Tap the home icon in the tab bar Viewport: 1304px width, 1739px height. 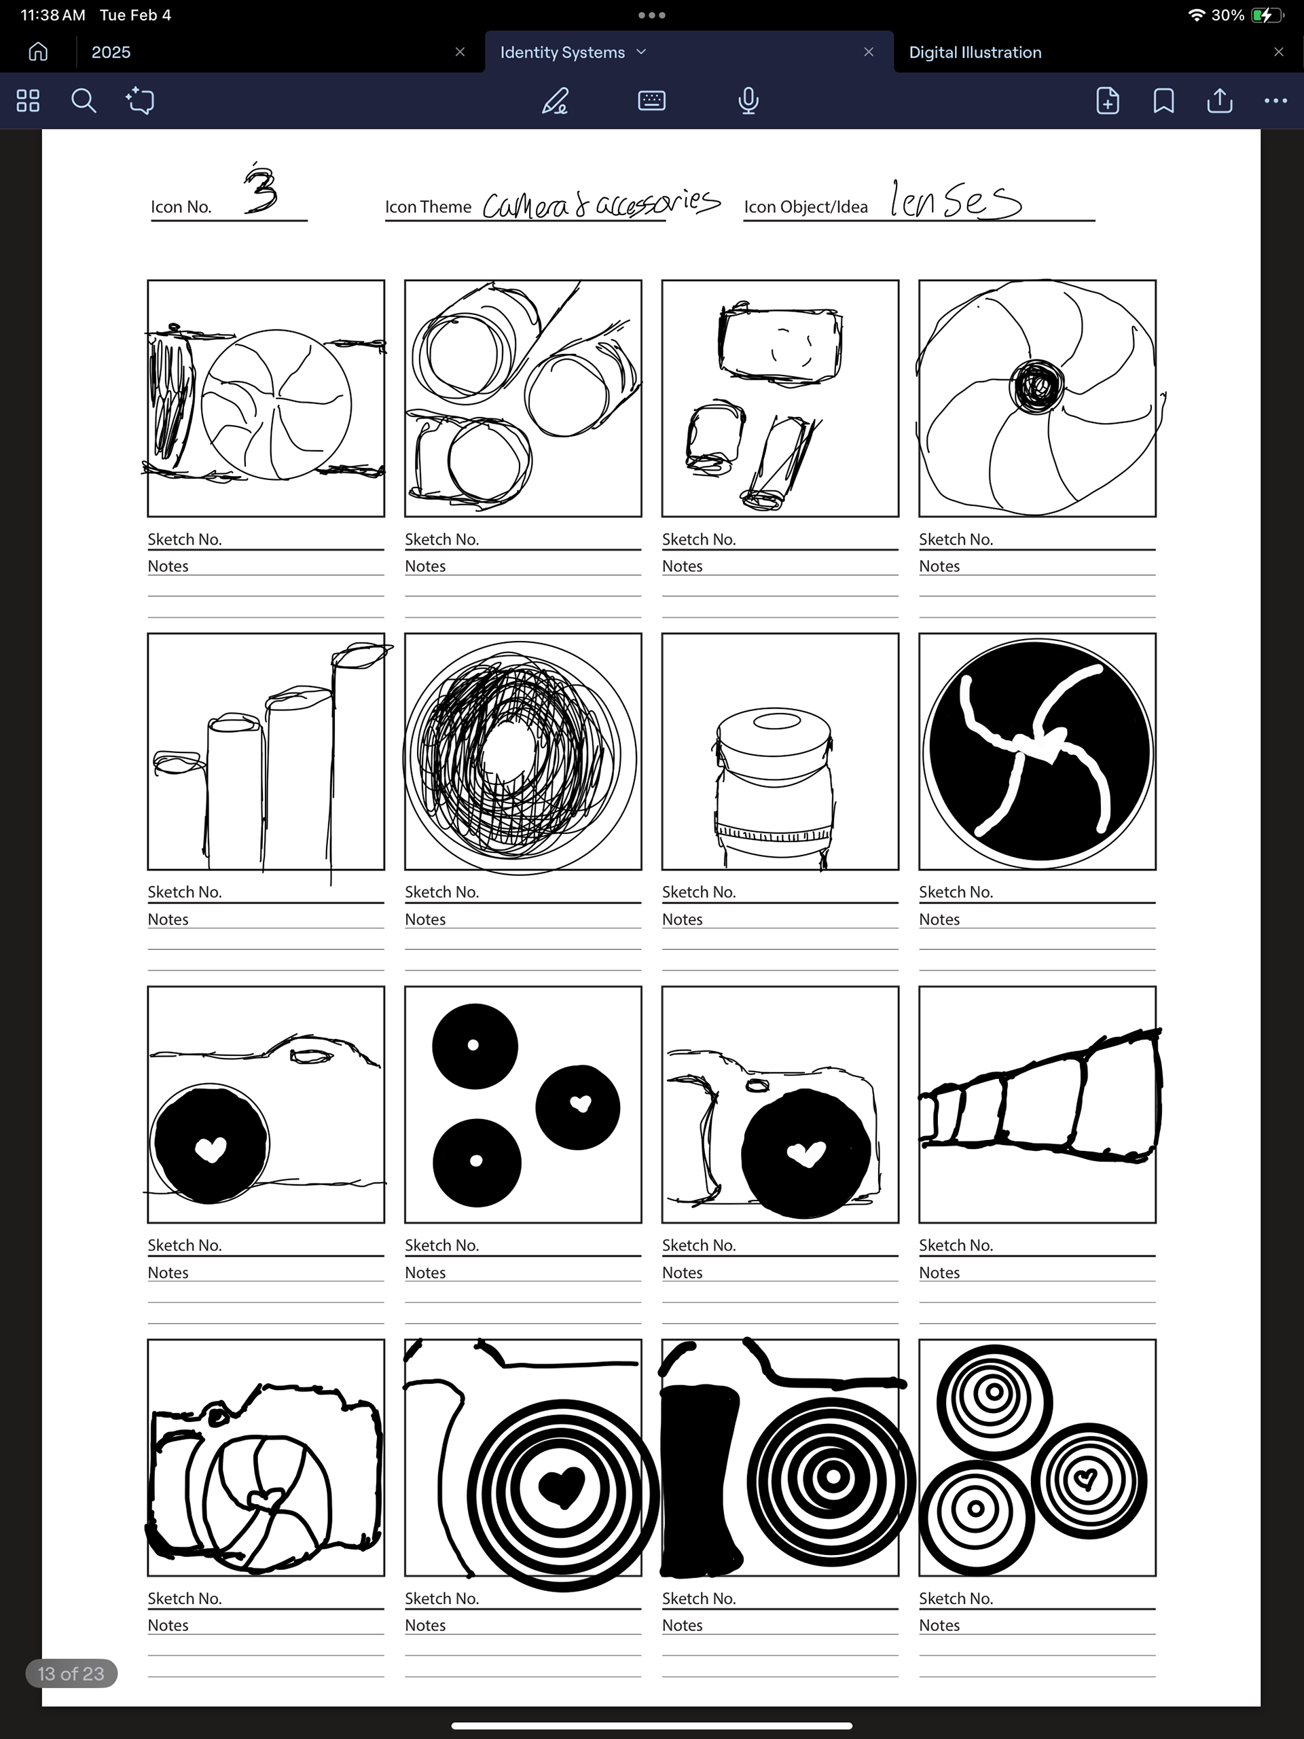click(38, 52)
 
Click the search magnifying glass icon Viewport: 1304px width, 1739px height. click(84, 100)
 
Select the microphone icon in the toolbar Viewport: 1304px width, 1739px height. click(748, 100)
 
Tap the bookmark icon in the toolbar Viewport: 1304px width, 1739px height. click(1163, 100)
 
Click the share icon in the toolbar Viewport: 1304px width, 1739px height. click(1219, 100)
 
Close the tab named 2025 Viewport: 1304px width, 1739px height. click(460, 52)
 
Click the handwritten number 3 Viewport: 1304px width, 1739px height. click(260, 188)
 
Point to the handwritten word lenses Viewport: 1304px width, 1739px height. click(956, 200)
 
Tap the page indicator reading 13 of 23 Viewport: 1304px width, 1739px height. click(71, 1674)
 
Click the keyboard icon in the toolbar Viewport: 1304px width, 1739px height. click(651, 100)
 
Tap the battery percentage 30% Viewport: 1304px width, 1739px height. click(1227, 15)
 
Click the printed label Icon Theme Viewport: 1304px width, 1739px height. click(428, 206)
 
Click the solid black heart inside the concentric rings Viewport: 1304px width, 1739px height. click(562, 1488)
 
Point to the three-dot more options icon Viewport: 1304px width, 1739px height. click(1275, 100)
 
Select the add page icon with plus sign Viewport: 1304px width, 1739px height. click(1107, 100)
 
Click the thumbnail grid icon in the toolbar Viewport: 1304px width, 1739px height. click(29, 100)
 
